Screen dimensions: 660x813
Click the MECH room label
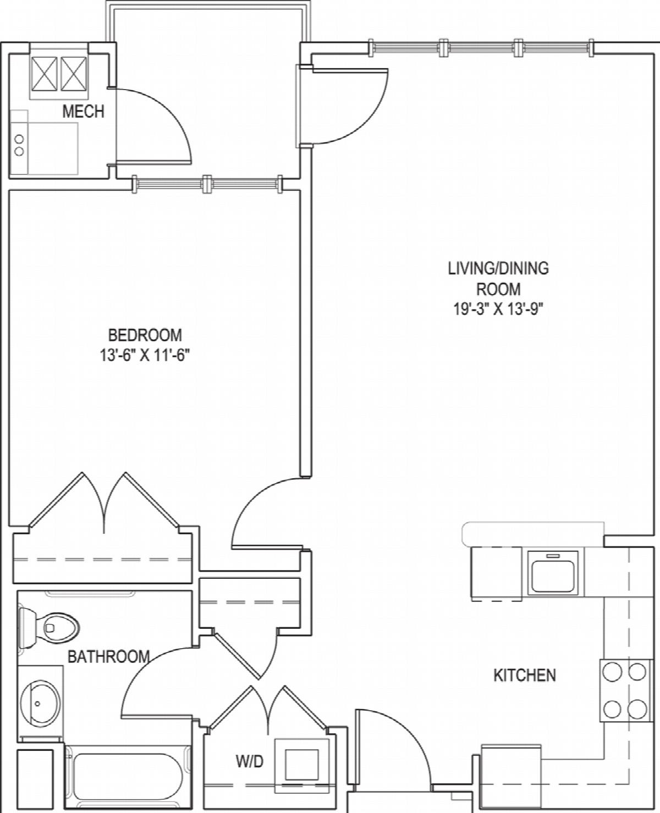(x=83, y=112)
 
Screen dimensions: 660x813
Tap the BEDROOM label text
(x=145, y=335)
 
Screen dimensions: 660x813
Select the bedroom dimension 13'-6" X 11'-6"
(x=145, y=356)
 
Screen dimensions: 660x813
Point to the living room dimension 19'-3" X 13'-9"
(x=498, y=309)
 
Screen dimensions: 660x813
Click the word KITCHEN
(x=525, y=676)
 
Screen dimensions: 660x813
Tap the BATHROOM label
(x=108, y=656)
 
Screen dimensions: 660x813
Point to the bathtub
(x=128, y=779)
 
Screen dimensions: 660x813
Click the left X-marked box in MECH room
(x=45, y=74)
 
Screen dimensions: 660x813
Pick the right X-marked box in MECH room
(x=74, y=74)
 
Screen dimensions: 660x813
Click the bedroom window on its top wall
(x=207, y=184)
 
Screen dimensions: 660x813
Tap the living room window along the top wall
(x=481, y=48)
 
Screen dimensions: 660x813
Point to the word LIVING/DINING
(x=498, y=268)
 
